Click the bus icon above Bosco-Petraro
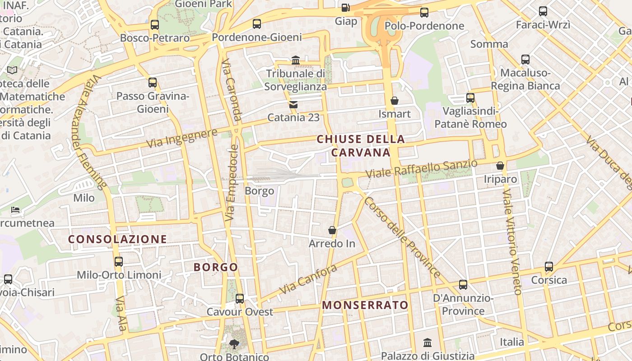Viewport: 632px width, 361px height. tap(155, 24)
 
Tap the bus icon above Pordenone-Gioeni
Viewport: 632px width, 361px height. tap(257, 23)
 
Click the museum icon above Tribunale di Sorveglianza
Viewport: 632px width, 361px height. tap(296, 60)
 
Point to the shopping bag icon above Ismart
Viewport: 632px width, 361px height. tap(395, 100)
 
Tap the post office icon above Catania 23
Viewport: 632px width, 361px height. tap(293, 105)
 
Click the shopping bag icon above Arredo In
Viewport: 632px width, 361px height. tap(332, 230)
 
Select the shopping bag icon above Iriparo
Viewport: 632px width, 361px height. tap(500, 166)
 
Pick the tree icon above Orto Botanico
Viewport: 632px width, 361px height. tap(234, 344)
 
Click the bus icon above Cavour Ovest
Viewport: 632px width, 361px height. tap(240, 298)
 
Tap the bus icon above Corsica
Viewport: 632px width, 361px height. tap(549, 266)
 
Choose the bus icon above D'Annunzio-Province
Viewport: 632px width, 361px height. tap(463, 284)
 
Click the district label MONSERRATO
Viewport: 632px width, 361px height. tap(365, 305)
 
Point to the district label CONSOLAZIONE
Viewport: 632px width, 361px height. tap(117, 239)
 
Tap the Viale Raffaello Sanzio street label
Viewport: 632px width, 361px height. tap(421, 169)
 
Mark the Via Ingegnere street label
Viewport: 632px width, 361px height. tap(182, 138)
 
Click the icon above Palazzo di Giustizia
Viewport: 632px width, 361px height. tap(428, 342)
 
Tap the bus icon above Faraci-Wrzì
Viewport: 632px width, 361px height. tap(543, 11)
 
